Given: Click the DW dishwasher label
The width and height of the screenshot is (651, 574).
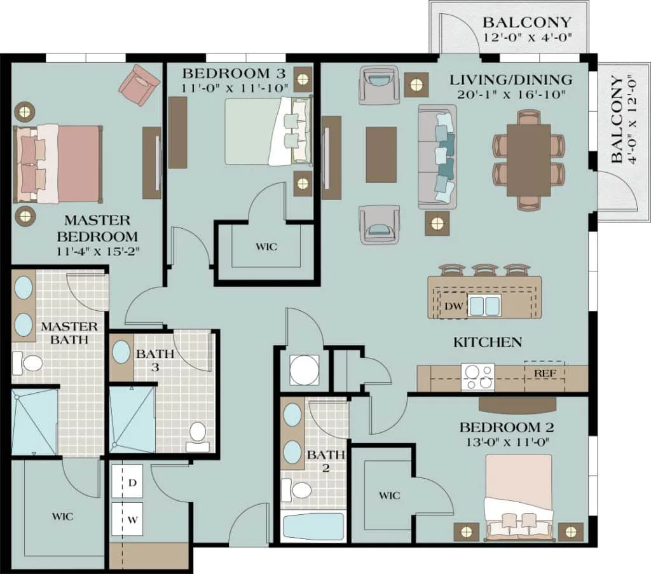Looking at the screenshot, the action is click(453, 307).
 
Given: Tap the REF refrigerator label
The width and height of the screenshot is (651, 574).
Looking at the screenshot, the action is click(545, 373).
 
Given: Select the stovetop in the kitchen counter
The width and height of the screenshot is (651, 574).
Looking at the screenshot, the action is click(478, 377).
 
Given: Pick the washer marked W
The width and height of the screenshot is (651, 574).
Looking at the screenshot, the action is click(127, 519).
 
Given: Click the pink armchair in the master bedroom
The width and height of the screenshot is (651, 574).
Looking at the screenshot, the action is click(139, 85).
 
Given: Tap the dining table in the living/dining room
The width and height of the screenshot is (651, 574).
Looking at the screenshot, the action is click(528, 160).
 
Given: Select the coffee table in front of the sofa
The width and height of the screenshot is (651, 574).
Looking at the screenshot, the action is click(381, 155).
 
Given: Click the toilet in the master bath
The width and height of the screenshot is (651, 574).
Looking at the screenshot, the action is click(27, 363).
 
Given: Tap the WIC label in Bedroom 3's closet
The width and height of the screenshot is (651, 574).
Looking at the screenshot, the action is click(266, 247).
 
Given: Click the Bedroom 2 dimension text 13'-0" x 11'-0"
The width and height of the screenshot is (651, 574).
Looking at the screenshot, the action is click(506, 442).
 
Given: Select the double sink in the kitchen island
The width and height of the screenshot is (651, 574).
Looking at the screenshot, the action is click(484, 305).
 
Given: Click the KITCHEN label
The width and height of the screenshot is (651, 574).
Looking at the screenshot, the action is click(488, 342).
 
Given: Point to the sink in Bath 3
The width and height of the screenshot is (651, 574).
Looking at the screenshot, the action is click(121, 352).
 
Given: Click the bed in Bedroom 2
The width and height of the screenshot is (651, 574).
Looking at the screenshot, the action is click(519, 498).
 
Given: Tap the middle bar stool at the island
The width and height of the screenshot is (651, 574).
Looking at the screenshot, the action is click(484, 270).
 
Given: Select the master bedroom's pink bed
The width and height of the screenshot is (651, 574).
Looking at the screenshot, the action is click(58, 164).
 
